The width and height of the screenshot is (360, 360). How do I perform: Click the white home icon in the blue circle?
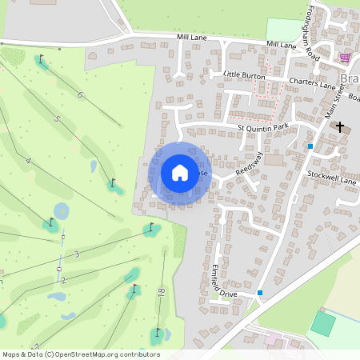point(180,172)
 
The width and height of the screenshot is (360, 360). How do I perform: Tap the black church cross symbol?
point(340,126)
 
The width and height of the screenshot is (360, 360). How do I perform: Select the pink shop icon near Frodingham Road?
point(345,58)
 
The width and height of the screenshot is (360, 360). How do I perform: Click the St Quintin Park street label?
point(262,126)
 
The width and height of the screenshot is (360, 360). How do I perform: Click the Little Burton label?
point(243,74)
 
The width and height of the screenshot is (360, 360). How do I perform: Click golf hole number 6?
point(80,95)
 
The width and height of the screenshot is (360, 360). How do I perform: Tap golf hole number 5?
point(57,119)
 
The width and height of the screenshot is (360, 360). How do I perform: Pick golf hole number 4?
point(28,161)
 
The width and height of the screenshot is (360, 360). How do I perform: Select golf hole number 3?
point(77,254)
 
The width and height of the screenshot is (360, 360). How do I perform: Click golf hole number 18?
point(162,294)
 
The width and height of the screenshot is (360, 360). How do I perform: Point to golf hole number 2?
point(63,280)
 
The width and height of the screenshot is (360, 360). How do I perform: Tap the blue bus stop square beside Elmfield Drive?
point(260,293)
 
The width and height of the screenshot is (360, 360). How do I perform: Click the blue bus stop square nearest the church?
point(310,146)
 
